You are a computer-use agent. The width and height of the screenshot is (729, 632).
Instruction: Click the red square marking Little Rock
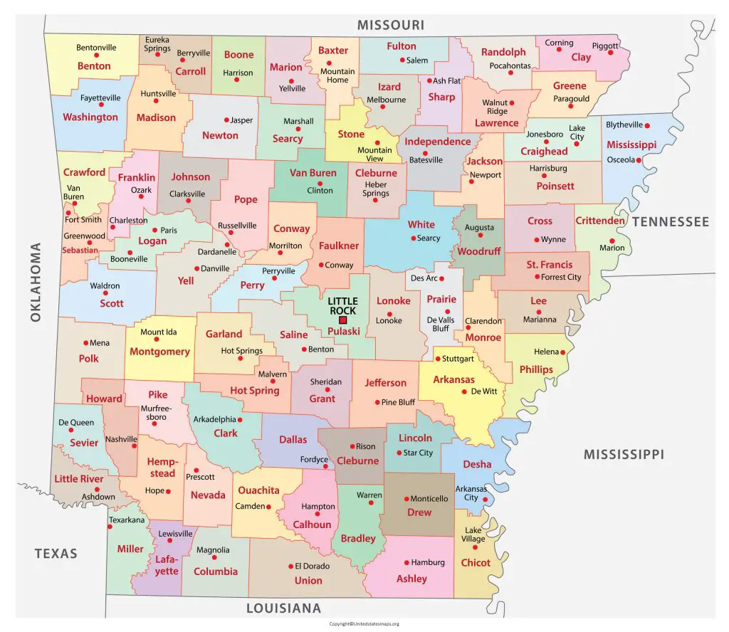342,320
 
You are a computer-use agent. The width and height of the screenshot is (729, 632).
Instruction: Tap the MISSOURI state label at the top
391,25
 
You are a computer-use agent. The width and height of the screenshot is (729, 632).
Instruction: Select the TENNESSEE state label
670,222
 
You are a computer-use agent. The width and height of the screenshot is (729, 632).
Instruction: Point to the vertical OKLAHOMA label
36,282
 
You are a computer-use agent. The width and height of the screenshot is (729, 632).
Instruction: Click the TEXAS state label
56,553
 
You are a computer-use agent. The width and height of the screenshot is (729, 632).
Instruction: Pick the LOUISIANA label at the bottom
283,609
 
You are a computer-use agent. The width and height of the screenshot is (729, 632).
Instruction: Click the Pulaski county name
344,332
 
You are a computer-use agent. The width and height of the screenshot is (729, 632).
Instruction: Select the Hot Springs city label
241,350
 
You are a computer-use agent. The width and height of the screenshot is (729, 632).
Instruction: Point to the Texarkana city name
127,520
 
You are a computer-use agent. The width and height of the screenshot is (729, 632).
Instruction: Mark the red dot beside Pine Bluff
376,402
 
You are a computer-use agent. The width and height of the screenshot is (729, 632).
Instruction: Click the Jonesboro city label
544,134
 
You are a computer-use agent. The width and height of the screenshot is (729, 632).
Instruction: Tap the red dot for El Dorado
290,567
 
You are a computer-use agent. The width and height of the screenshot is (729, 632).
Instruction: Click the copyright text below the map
364,623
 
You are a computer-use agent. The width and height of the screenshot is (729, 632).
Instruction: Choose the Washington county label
90,117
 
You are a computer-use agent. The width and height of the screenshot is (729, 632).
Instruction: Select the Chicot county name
476,562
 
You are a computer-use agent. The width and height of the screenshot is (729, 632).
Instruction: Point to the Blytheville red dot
647,125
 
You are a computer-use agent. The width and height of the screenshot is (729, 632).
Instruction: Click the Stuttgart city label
458,359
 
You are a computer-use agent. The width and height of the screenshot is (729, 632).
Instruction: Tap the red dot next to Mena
85,343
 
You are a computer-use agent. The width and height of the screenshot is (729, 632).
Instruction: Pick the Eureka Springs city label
157,44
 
